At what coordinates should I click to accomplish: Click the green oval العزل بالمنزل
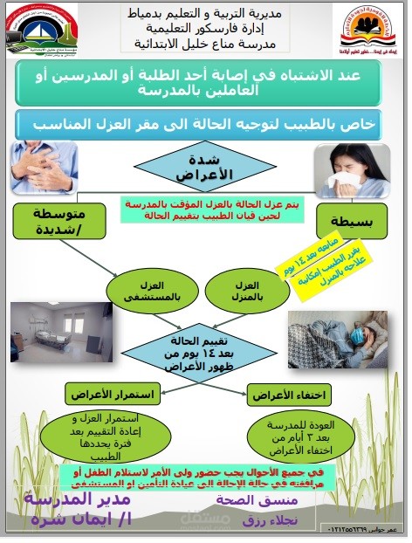pyautogui.click(x=247, y=290)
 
